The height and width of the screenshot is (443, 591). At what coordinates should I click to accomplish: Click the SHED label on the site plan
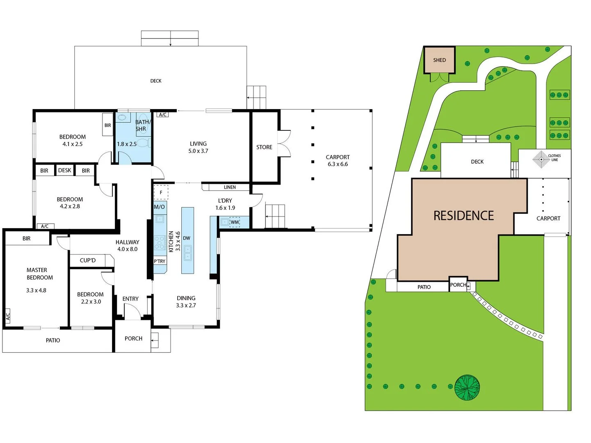[x=439, y=60]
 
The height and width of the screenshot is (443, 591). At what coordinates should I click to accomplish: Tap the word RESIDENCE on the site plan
[x=463, y=216]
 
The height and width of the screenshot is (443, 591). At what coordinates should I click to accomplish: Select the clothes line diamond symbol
[x=541, y=159]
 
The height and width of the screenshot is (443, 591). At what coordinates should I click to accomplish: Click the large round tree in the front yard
[x=467, y=387]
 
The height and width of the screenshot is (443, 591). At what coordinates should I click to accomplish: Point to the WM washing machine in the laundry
[x=234, y=222]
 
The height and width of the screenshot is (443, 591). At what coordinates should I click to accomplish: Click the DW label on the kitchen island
[x=187, y=238]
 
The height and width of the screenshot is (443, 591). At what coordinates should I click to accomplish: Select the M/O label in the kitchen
[x=159, y=207]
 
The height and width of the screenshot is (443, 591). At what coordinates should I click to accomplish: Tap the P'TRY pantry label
[x=160, y=261]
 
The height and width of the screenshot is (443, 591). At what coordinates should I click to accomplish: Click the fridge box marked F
[x=161, y=192]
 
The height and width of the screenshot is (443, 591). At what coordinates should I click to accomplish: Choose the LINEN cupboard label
[x=230, y=187]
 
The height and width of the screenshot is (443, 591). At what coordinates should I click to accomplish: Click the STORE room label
[x=264, y=147]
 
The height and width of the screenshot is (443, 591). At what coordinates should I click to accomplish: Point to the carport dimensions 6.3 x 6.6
[x=338, y=164]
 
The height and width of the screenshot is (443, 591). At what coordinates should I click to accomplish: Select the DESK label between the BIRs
[x=64, y=170]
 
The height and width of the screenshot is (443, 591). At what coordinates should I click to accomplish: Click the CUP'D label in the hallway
[x=87, y=260]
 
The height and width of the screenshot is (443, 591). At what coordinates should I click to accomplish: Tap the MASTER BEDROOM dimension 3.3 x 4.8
[x=36, y=290]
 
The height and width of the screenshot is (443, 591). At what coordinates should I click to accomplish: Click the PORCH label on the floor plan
[x=133, y=338]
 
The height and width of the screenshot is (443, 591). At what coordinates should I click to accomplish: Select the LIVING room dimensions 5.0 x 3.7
[x=198, y=151]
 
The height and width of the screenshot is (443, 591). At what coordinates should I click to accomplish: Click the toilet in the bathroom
[x=142, y=143]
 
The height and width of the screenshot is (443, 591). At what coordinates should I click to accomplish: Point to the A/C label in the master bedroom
[x=8, y=316]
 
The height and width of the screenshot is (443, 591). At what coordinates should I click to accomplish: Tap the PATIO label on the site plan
[x=424, y=287]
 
